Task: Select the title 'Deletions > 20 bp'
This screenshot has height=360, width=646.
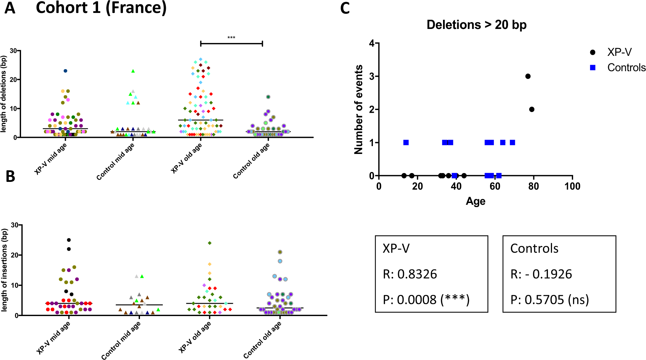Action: pyautogui.click(x=476, y=25)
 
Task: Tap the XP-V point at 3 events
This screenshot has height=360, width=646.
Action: pyautogui.click(x=528, y=76)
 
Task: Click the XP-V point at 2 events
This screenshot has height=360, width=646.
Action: pyautogui.click(x=532, y=109)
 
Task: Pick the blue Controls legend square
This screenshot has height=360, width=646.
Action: pyautogui.click(x=593, y=68)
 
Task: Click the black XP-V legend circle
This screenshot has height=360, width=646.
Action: pyautogui.click(x=593, y=52)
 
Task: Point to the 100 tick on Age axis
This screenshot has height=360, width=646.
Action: pyautogui.click(x=572, y=186)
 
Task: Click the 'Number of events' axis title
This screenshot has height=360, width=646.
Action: pyautogui.click(x=359, y=109)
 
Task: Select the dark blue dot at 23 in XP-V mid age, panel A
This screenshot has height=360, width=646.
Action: pyautogui.click(x=65, y=71)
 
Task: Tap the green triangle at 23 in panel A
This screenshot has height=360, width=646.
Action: pyautogui.click(x=133, y=71)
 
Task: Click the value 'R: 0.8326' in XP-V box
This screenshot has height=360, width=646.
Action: pyautogui.click(x=410, y=274)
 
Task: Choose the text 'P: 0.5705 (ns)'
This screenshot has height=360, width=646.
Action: pyautogui.click(x=550, y=300)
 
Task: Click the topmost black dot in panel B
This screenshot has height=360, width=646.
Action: pyautogui.click(x=69, y=240)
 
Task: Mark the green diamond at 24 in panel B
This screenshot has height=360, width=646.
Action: pyautogui.click(x=210, y=243)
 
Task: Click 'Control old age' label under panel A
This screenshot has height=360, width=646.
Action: pyautogui.click(x=251, y=161)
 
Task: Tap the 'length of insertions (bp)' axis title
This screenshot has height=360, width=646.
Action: pyautogui.click(x=4, y=270)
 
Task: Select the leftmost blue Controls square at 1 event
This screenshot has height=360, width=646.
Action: pyautogui.click(x=406, y=142)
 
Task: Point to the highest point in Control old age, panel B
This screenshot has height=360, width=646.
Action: pyautogui.click(x=280, y=252)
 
